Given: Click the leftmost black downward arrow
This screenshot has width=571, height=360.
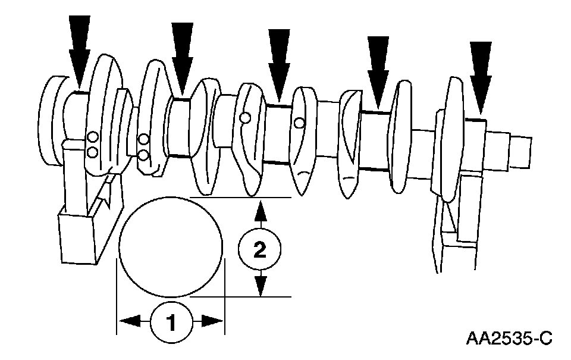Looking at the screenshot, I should tap(79, 51).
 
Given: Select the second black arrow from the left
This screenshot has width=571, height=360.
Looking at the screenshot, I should tap(181, 57).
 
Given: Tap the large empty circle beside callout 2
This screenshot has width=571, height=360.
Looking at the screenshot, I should tap(171, 247).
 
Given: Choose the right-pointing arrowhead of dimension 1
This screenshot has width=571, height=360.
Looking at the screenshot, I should tap(212, 321).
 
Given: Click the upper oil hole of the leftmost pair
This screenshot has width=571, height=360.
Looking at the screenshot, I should tap(92, 137).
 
